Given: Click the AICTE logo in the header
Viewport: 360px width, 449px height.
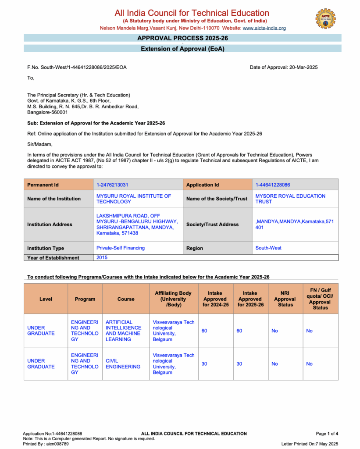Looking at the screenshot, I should [x=325, y=18].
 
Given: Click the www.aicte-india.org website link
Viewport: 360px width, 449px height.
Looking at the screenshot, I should [x=264, y=28].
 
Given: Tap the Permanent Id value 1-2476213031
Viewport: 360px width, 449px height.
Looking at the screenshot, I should [x=112, y=185].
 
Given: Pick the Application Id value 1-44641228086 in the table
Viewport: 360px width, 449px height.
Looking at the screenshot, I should [x=273, y=185].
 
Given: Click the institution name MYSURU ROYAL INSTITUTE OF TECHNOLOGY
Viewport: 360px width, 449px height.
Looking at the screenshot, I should [x=134, y=199].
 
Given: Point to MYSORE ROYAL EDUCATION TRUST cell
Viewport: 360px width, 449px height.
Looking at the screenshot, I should [x=290, y=199].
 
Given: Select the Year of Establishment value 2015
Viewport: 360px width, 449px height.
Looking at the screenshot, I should [x=102, y=258].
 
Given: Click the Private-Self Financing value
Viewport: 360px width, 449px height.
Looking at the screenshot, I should [x=121, y=248].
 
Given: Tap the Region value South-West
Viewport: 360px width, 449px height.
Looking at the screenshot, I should [x=268, y=248].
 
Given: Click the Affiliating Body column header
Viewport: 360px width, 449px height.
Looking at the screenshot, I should [x=173, y=299].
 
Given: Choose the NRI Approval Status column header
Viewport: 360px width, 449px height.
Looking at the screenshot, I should [x=285, y=299].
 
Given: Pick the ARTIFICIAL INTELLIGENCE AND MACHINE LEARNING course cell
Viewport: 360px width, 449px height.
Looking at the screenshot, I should [x=124, y=331].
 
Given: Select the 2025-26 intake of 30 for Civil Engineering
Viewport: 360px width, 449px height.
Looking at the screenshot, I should [x=239, y=364].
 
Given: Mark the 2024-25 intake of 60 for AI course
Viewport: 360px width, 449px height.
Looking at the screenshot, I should [x=204, y=331].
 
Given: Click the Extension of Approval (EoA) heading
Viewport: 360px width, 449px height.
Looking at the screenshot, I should [x=182, y=49].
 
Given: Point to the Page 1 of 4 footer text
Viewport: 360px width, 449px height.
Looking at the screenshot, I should [x=327, y=434].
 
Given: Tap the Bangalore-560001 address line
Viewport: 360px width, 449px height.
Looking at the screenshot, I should [x=47, y=112].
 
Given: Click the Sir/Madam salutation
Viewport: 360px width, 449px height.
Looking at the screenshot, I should [x=39, y=144].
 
